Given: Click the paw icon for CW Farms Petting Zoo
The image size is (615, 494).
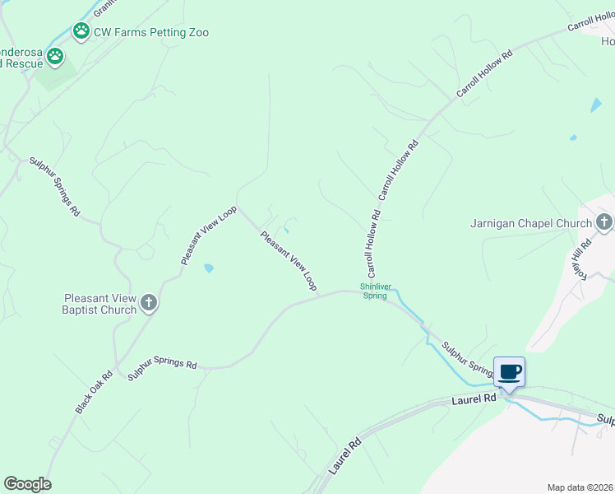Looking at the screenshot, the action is point(81,32).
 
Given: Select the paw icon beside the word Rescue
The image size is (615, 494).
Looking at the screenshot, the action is point(55,57).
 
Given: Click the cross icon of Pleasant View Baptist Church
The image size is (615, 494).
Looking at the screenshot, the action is point(149,303).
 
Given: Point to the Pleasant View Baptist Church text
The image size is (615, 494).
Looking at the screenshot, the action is point(99,304).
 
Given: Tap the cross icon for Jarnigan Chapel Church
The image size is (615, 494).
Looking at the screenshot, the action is point(604,222).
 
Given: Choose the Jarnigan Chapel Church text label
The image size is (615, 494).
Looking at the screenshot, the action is point(531,223).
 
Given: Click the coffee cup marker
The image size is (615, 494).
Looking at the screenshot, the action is point(509,373).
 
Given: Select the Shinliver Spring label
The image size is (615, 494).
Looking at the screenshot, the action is point(373,291).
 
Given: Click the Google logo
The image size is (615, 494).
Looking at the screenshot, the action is point(27,484).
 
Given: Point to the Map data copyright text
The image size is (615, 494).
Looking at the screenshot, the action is point(580,487).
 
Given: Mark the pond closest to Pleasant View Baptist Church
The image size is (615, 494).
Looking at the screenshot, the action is point(209,268).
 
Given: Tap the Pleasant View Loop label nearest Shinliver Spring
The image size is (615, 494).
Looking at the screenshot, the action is point(288,260).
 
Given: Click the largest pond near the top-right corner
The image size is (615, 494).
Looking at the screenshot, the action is point(595,105).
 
